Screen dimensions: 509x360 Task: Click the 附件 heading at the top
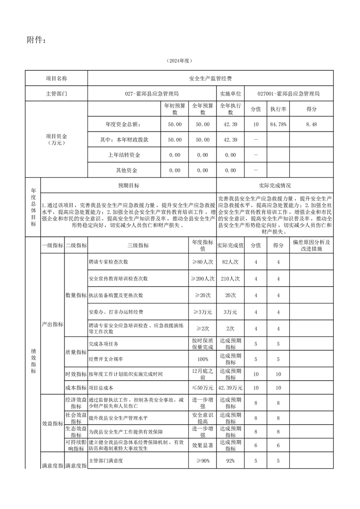pos(36,41)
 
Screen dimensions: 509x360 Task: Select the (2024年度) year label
pos(180,61)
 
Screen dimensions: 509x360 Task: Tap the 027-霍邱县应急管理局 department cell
pos(152,94)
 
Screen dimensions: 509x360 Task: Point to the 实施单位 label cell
pos(230,94)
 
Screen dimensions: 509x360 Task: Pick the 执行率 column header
pos(278,109)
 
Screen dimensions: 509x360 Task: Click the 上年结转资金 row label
pos(124,155)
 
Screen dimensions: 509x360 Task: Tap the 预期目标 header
pos(128,186)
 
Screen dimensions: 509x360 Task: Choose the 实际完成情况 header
pos(275,186)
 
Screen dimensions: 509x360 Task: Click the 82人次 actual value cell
pos(230,262)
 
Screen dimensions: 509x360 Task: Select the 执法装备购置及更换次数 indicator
pos(116,295)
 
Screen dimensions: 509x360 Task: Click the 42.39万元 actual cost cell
pos(230,388)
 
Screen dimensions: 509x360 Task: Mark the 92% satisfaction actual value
pos(230,461)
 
